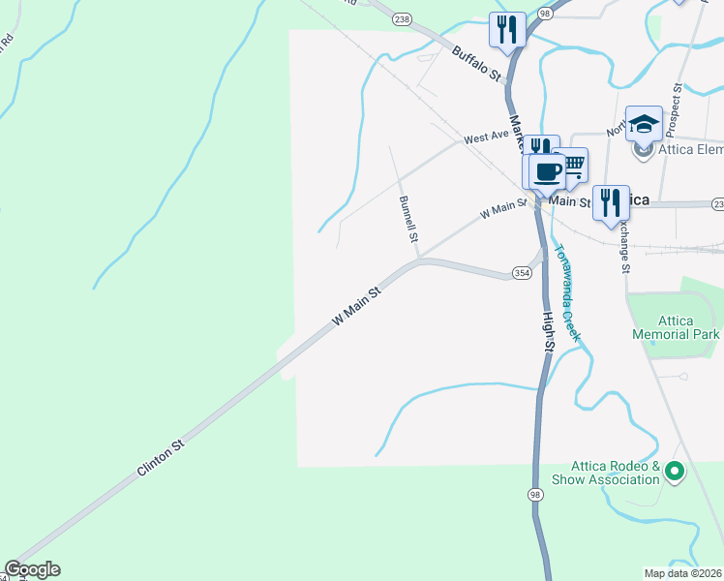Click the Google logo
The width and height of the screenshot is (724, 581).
[32, 570]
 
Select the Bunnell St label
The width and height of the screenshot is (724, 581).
[408, 218]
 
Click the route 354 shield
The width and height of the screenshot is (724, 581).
[522, 273]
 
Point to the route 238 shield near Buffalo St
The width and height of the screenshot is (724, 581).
[404, 18]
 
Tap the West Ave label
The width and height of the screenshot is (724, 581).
[486, 138]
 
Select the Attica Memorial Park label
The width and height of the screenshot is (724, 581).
[676, 327]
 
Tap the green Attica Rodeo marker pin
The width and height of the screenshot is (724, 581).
[676, 473]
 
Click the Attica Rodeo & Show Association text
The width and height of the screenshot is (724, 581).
[606, 473]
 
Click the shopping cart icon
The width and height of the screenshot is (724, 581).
[572, 164]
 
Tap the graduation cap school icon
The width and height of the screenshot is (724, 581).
[644, 123]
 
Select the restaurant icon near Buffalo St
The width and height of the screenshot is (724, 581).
[507, 29]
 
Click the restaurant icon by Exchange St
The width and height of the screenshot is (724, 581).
[610, 201]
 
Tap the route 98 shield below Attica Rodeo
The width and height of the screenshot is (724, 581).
[535, 495]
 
